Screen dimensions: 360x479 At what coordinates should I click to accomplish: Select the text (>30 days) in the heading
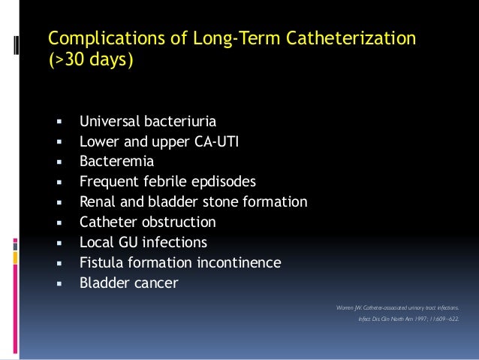point(91,59)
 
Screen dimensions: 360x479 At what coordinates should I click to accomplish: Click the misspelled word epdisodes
point(221,181)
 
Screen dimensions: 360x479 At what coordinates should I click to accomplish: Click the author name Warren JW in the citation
point(351,307)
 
